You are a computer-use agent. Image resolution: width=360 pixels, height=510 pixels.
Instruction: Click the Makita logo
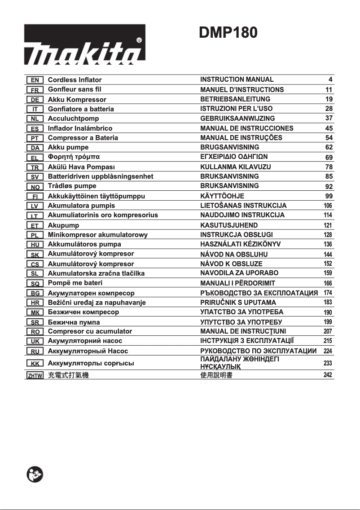click(x=84, y=44)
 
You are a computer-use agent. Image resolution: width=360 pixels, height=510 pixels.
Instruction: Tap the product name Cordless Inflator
click(x=75, y=80)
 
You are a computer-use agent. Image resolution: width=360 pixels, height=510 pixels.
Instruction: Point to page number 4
click(x=330, y=79)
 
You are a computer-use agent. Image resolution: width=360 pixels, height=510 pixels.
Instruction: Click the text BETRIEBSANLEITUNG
click(x=235, y=99)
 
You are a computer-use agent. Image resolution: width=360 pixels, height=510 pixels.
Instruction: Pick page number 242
click(x=328, y=375)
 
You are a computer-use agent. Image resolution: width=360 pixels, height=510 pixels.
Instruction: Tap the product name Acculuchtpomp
click(x=73, y=119)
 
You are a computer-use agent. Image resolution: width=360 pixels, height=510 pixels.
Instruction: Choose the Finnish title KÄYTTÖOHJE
click(x=222, y=196)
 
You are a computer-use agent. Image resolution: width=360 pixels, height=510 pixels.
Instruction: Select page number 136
click(x=328, y=244)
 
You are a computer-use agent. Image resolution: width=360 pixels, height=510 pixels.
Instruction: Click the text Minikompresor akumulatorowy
click(x=97, y=234)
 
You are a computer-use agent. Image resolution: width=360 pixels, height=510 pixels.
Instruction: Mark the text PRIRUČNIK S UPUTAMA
click(x=238, y=303)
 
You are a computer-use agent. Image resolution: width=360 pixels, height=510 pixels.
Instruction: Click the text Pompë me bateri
click(x=75, y=283)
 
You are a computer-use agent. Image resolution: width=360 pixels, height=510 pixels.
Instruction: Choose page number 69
click(x=329, y=157)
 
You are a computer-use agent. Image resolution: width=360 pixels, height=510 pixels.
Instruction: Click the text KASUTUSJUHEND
click(x=229, y=225)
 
